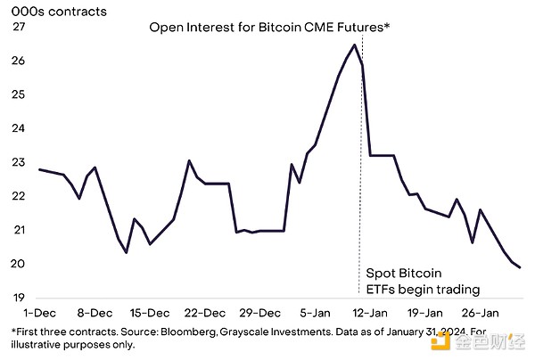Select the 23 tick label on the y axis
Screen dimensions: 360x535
pyautogui.click(x=19, y=163)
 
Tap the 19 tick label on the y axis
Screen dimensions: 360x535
pyautogui.click(x=19, y=298)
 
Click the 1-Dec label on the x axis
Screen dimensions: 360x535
pyautogui.click(x=40, y=313)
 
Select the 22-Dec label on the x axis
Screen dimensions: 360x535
pyautogui.click(x=203, y=313)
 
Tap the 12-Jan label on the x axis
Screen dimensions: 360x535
pyautogui.click(x=369, y=313)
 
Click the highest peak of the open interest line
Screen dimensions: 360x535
pyautogui.click(x=355, y=45)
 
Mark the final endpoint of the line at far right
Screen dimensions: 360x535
pyautogui.click(x=521, y=267)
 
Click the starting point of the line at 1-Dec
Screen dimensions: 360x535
pyautogui.click(x=40, y=169)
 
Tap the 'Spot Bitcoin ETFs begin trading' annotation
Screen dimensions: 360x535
pyautogui.click(x=424, y=281)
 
